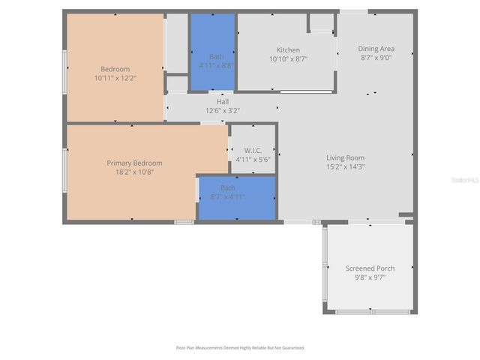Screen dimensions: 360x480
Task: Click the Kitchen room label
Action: click(288, 50)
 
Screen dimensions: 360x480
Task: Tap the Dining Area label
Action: click(376, 49)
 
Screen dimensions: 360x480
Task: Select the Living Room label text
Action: click(345, 157)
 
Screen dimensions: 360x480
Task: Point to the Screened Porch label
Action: click(370, 268)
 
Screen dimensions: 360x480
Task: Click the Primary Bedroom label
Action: click(134, 163)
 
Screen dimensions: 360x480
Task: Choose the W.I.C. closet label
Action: click(252, 150)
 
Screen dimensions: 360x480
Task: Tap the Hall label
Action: click(223, 102)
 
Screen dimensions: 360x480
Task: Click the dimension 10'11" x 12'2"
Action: click(115, 77)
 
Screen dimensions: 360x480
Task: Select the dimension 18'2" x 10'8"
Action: click(134, 172)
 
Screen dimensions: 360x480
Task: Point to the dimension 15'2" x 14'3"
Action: click(345, 166)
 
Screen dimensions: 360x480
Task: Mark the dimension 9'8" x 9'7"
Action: click(370, 277)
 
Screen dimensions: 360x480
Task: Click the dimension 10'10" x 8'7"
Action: click(288, 58)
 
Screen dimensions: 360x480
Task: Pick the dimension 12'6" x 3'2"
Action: click(223, 110)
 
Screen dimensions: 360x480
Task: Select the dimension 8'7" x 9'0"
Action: click(376, 57)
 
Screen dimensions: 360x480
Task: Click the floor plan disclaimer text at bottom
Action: click(240, 348)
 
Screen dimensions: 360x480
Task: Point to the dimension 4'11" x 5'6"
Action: click(252, 159)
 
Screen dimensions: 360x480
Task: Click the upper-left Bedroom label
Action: click(115, 69)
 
